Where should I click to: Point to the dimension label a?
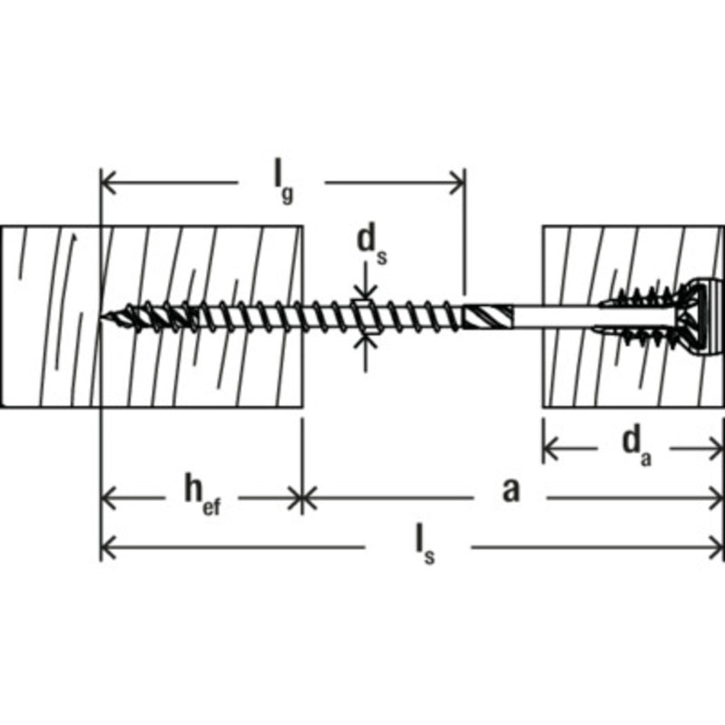coord(511,491)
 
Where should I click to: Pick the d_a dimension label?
coord(636,446)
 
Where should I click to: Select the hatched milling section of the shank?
coord(488,317)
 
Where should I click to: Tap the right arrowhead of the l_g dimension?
coord(457,182)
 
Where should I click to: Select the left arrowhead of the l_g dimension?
coord(108,182)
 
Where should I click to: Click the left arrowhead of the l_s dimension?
coord(108,547)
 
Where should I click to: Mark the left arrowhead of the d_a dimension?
coord(551,448)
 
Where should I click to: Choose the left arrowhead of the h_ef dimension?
coord(108,498)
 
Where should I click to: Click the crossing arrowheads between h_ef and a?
coord(302,498)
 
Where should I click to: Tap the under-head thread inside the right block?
coord(640,317)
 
